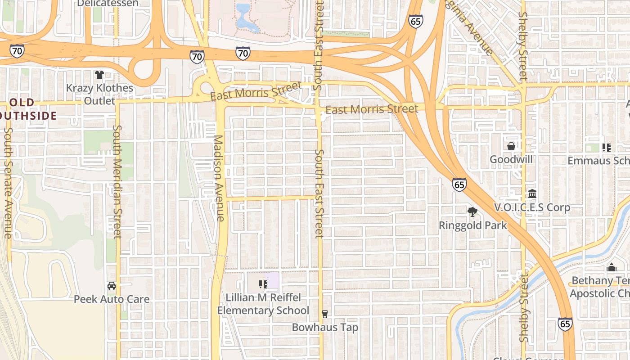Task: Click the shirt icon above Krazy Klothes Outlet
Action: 99,74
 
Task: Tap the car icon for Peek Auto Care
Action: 112,286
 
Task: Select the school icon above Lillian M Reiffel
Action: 263,284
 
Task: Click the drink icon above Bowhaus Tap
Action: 324,314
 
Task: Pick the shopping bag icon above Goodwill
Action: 511,146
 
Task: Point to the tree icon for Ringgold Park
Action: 472,211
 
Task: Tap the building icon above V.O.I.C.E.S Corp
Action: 532,194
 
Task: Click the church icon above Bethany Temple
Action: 611,267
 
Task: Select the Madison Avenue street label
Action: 219,178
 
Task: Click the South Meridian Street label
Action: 117,181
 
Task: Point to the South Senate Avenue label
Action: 8,183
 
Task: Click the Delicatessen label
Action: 108,4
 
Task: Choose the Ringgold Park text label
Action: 472,225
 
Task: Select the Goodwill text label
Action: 511,159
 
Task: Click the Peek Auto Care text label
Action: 112,299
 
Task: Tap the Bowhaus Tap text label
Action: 325,327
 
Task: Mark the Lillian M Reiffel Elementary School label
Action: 263,304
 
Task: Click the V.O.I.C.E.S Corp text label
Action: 532,207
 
